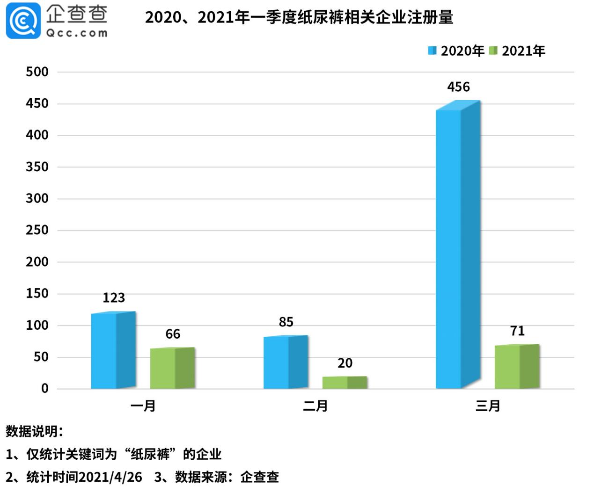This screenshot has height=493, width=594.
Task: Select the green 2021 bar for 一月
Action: (x=172, y=368)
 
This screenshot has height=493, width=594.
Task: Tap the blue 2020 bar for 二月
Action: (x=286, y=362)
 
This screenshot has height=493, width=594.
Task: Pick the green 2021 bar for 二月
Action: (x=345, y=382)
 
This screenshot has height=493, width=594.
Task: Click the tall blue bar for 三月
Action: (x=458, y=248)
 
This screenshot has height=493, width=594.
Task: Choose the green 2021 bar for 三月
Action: (x=517, y=367)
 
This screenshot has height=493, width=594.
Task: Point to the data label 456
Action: (x=458, y=87)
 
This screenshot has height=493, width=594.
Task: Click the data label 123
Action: (x=114, y=298)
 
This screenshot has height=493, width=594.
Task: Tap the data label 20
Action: (x=345, y=363)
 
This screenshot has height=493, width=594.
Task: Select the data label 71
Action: (x=517, y=331)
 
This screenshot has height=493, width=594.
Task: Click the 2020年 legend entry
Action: (x=456, y=51)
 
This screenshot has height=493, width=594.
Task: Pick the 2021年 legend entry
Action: (x=518, y=51)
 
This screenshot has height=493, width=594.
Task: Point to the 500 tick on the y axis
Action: (x=37, y=72)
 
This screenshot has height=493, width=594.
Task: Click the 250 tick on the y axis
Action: (x=37, y=230)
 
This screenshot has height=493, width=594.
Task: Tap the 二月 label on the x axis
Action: (x=315, y=406)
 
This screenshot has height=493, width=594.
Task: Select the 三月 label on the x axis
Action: (x=488, y=406)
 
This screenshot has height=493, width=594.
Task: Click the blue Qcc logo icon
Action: (x=23, y=21)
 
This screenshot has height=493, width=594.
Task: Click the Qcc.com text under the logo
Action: (x=76, y=33)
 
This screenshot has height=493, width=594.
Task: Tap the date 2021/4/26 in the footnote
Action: (x=110, y=477)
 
